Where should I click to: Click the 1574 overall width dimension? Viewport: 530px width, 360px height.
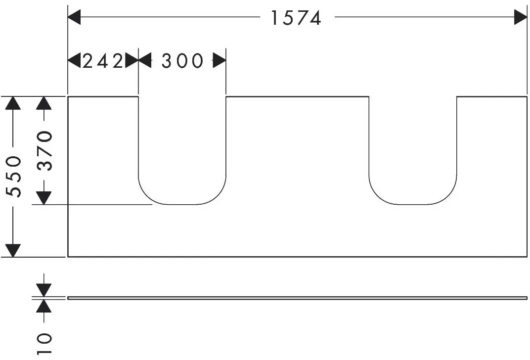pyautogui.click(x=296, y=18)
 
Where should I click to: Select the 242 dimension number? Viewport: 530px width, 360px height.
pyautogui.click(x=103, y=61)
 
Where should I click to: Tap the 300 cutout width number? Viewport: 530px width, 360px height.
pyautogui.click(x=182, y=61)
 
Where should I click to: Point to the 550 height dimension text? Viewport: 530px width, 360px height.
pyautogui.click(x=14, y=177)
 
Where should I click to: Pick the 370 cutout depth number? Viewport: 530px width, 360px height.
pyautogui.click(x=45, y=150)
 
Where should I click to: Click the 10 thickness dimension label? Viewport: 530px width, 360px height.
pyautogui.click(x=44, y=344)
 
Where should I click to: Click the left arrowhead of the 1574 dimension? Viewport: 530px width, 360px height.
pyautogui.click(x=74, y=17)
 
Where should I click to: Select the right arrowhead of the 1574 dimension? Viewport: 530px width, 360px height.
pyautogui.click(x=521, y=17)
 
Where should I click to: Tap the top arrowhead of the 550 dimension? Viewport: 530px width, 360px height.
pyautogui.click(x=13, y=103)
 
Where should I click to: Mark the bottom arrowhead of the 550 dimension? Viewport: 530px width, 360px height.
pyautogui.click(x=13, y=251)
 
